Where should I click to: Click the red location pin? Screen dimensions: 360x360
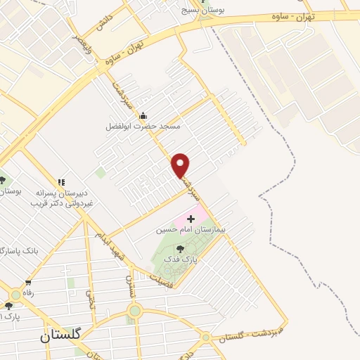click(181, 165)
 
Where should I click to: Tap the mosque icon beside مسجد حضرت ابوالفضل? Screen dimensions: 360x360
click(143, 116)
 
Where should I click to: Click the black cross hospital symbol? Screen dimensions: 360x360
click(191, 219)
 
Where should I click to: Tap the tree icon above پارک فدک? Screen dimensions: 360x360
click(181, 248)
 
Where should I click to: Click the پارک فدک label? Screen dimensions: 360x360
click(181, 259)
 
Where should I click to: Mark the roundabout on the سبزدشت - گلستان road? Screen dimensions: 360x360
click(205, 337)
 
